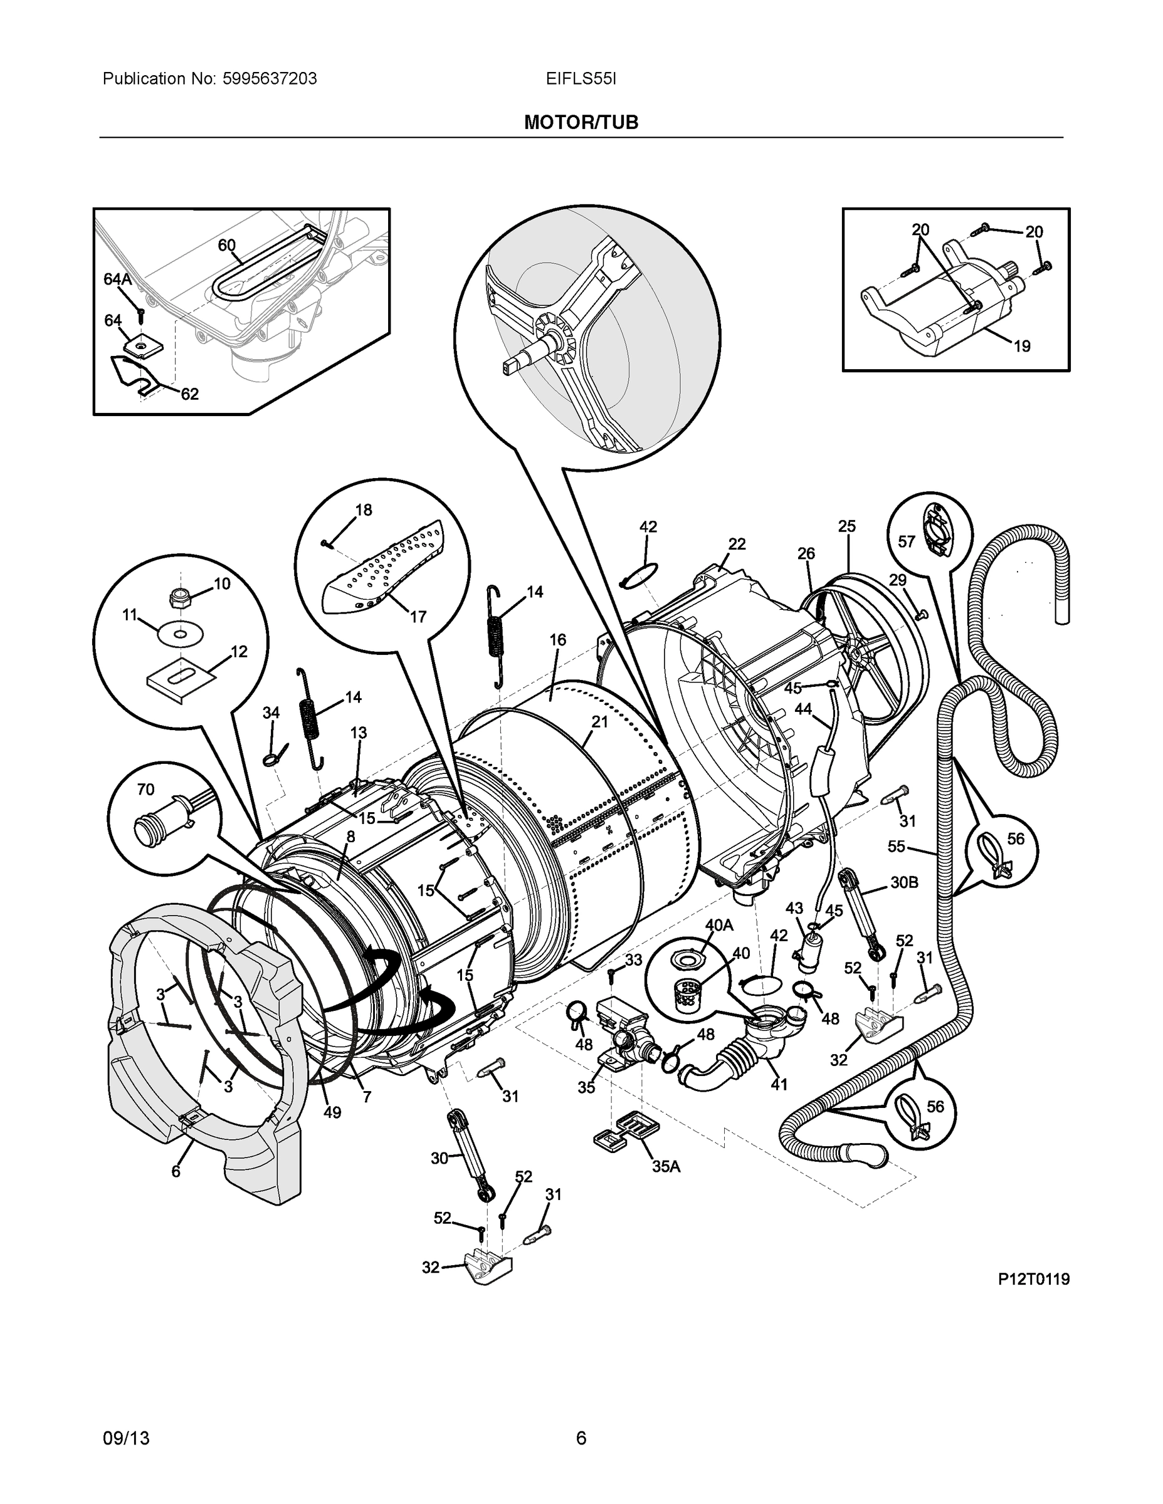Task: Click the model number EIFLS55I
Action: tap(581, 79)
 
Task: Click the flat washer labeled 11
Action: tap(179, 634)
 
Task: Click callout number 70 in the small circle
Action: tap(145, 789)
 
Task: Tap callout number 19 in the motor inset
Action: tap(1022, 347)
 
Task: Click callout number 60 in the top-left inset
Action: tap(227, 245)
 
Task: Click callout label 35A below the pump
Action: tap(666, 1166)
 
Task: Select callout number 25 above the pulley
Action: tap(847, 526)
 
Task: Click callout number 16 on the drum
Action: tap(557, 640)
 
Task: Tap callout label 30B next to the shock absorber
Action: tap(904, 882)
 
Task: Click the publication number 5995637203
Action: tap(270, 79)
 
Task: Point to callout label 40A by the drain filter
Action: tap(718, 925)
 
